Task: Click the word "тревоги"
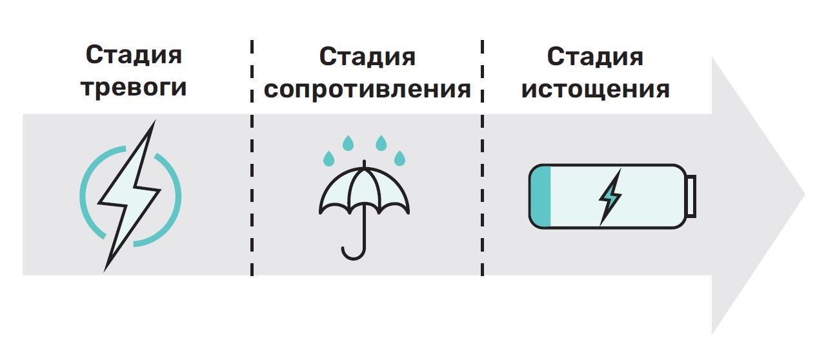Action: coord(134,87)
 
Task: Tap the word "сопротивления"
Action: coord(367,89)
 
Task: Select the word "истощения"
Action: coord(595,89)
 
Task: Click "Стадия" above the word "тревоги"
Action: coord(134,55)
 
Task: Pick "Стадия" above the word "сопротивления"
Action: coord(367,57)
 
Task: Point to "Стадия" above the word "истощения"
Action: coord(595,57)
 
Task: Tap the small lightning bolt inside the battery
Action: coord(610,196)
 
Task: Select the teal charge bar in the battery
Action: coord(541,196)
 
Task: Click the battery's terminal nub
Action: coord(691,196)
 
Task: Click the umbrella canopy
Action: coord(365,190)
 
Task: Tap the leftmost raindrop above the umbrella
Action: coord(329,157)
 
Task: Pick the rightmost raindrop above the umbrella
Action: coord(400,157)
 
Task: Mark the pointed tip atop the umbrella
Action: coord(365,163)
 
